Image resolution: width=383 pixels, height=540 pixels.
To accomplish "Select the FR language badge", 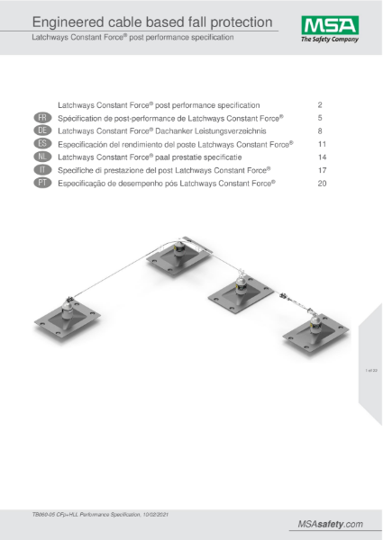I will (x=42, y=118).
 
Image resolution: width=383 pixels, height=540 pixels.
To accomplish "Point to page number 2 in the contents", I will (x=322, y=105).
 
